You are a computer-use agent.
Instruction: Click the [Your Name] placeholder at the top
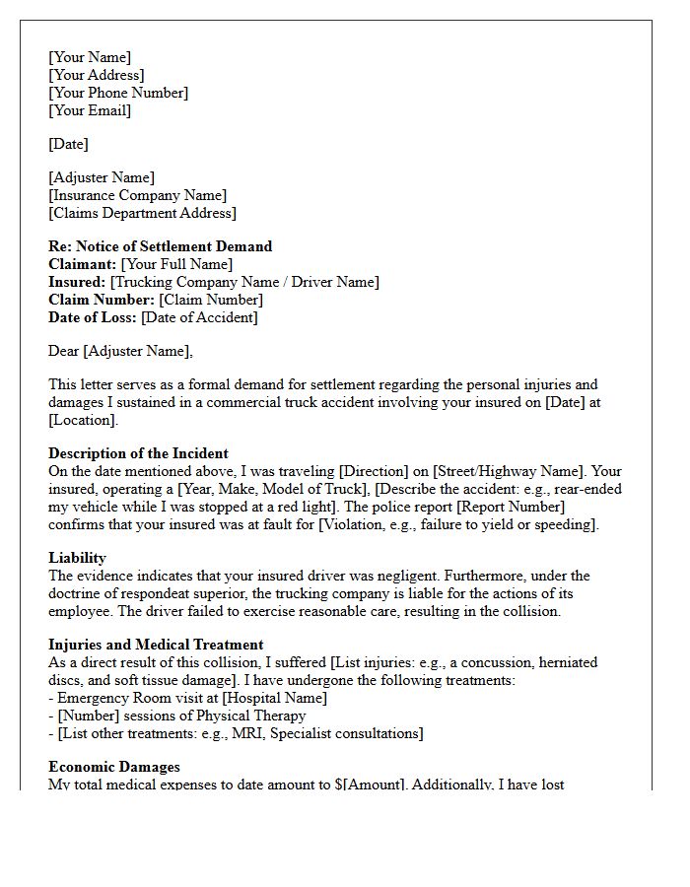[x=90, y=57]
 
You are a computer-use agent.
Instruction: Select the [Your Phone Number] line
[x=118, y=93]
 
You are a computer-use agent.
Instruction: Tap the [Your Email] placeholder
[x=90, y=110]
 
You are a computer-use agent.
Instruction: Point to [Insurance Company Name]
[x=137, y=195]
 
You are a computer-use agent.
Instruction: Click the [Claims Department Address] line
[x=142, y=213]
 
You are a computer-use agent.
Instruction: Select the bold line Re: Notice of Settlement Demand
[x=160, y=246]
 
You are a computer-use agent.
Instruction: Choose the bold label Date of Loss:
[x=93, y=317]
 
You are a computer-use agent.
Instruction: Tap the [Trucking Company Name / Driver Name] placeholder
[x=244, y=282]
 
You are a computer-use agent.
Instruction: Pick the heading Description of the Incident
[x=138, y=453]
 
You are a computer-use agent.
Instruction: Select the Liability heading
[x=77, y=558]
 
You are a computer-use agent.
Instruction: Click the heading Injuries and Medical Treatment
[x=156, y=645]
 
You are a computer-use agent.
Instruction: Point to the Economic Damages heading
[x=114, y=766]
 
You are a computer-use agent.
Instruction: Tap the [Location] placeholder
[x=82, y=420]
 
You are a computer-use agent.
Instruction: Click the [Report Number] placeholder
[x=532, y=507]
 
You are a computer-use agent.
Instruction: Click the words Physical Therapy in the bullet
[x=250, y=716]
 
